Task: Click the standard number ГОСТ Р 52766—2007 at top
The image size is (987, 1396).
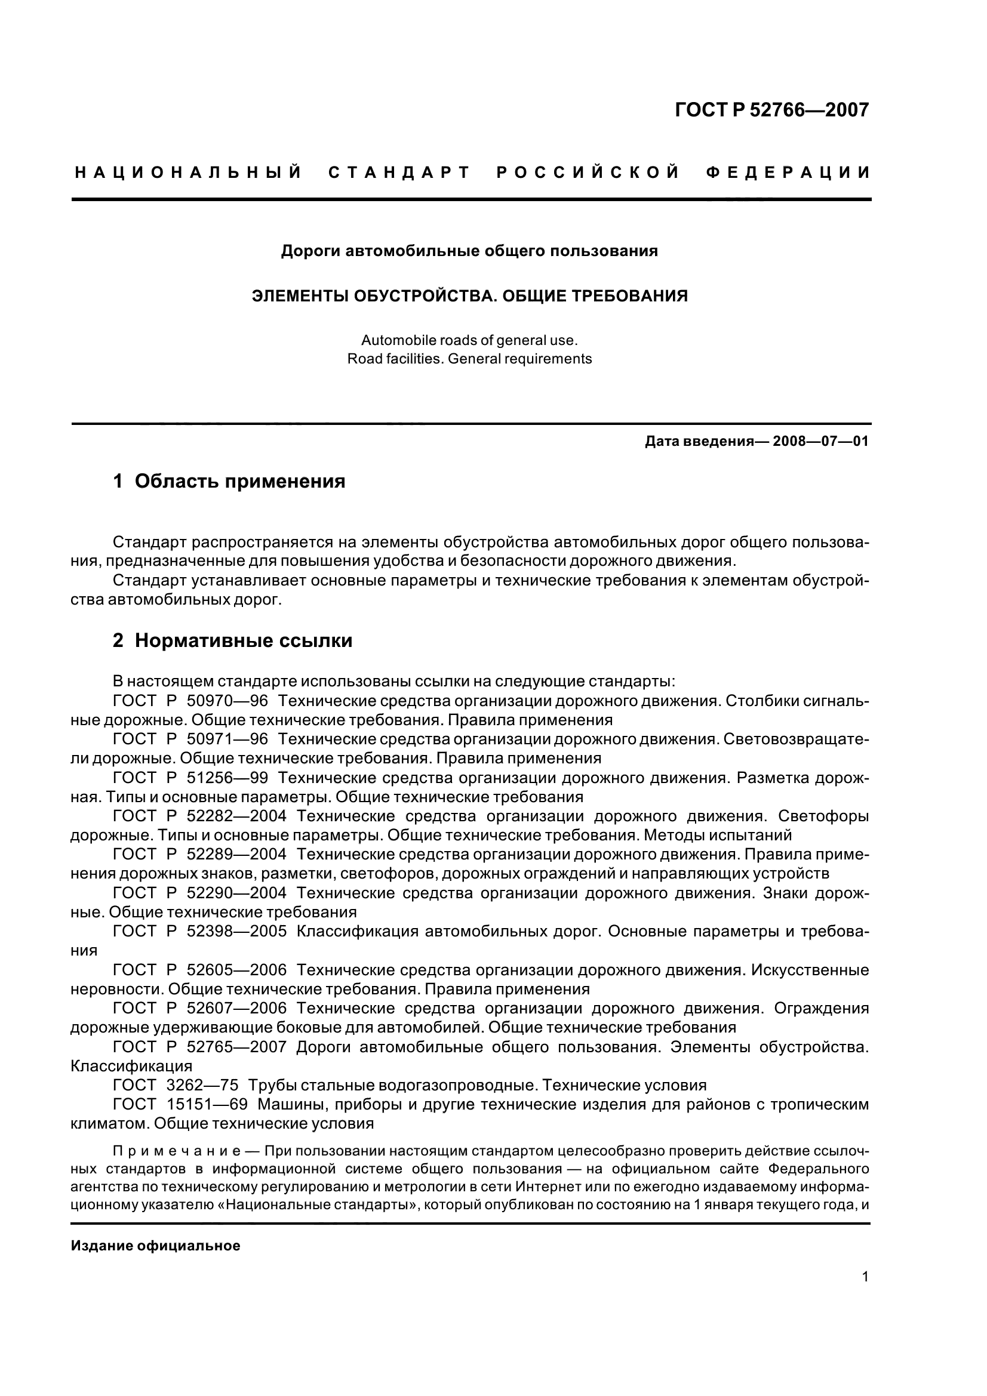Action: [x=771, y=110]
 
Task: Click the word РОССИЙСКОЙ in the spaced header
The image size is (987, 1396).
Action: [x=588, y=173]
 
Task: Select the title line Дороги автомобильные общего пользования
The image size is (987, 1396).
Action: [x=469, y=251]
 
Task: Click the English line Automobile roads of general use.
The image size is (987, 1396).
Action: [x=469, y=340]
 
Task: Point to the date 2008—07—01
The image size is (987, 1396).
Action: [x=820, y=442]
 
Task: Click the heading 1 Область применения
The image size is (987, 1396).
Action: [x=229, y=482]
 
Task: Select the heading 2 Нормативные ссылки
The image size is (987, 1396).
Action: [x=232, y=641]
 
